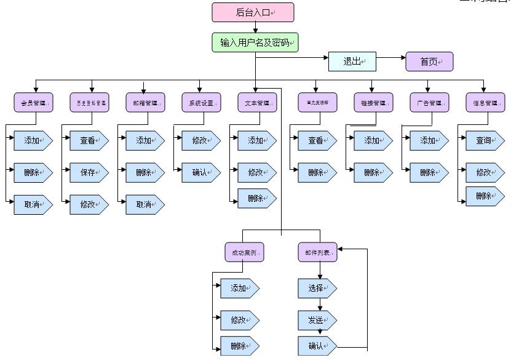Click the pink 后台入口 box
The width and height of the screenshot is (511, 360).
tap(253, 12)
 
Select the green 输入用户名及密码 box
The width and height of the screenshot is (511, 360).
tap(255, 42)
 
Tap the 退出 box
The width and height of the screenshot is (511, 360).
tap(351, 62)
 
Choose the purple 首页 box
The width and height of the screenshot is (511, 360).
tap(429, 62)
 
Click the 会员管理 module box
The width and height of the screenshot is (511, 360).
tap(33, 103)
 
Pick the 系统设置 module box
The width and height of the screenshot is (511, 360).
tap(201, 103)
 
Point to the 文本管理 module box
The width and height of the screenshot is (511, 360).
tap(257, 103)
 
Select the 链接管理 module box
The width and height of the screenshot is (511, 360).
tap(373, 103)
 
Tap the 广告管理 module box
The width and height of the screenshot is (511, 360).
tap(429, 103)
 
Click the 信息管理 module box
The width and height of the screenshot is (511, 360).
tap(485, 103)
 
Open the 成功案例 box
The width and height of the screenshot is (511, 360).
tap(244, 253)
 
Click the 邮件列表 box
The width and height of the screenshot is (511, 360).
tap(317, 253)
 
